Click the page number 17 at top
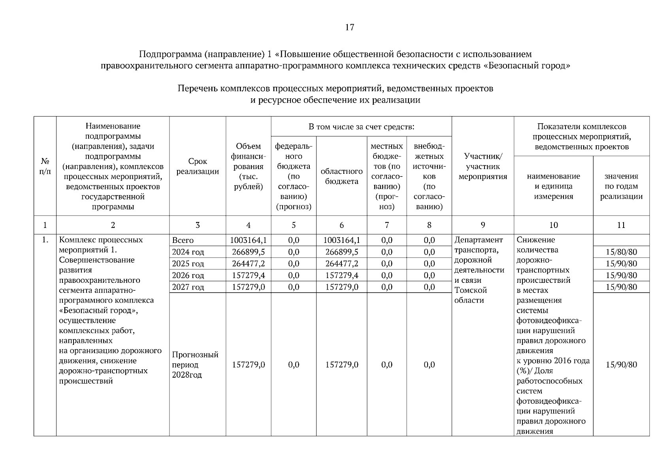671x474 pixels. click(349, 27)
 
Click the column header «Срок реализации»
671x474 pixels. click(198, 166)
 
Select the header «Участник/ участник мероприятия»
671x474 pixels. click(483, 166)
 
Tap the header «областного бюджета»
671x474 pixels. click(341, 176)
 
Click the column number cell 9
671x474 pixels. click(483, 225)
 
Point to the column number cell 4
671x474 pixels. click(248, 225)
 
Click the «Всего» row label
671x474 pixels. click(183, 240)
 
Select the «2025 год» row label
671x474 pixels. click(188, 263)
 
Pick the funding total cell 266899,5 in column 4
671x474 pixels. click(248, 252)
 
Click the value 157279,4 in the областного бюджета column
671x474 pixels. click(341, 275)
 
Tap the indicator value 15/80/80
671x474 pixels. click(621, 252)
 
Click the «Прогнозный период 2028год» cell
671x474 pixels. click(195, 365)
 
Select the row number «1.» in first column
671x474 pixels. click(45, 240)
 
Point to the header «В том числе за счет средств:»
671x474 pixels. click(361, 127)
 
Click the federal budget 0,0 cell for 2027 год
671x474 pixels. click(294, 287)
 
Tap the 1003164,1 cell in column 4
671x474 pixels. click(248, 240)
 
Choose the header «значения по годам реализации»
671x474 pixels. click(621, 186)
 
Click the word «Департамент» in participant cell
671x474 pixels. click(479, 240)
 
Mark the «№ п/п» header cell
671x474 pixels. click(45, 166)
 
